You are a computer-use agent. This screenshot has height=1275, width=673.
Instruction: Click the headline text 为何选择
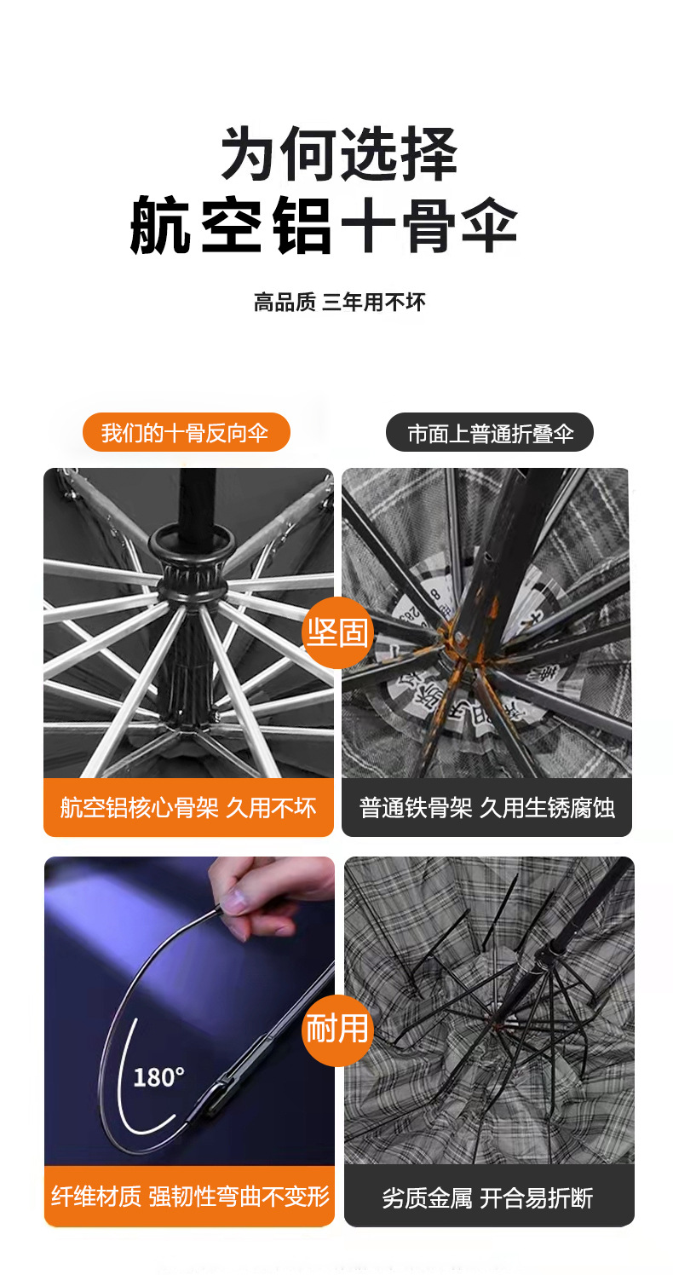339,155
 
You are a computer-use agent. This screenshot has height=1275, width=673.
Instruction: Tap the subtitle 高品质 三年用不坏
339,302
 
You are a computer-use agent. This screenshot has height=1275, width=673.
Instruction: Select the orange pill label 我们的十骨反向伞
186,433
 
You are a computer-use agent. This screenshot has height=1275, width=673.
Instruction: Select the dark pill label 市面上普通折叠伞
490,433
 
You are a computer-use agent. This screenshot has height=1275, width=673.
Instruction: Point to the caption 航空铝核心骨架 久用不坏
188,808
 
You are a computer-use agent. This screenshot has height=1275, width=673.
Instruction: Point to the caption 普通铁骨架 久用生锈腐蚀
486,808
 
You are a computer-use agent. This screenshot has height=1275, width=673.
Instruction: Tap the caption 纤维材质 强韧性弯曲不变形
189,1197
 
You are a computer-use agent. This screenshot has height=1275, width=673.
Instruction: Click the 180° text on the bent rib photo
158,1077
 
